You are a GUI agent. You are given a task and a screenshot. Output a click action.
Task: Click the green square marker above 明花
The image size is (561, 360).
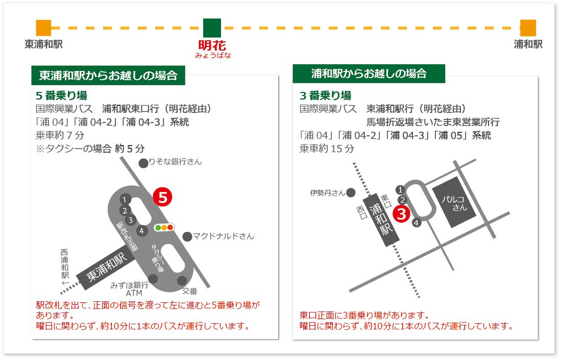[x=212, y=28]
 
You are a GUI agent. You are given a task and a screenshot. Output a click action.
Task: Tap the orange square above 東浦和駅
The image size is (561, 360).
[x=44, y=28]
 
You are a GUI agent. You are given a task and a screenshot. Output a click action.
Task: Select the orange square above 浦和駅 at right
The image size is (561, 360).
[x=528, y=28]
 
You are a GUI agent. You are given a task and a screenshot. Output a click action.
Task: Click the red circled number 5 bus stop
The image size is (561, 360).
[x=162, y=197]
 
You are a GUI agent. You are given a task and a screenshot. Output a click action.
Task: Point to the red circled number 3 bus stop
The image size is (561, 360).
[x=401, y=213]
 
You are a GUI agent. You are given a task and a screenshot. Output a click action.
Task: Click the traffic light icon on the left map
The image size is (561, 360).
[x=164, y=227]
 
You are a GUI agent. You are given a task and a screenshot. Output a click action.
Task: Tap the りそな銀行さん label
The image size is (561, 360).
[x=175, y=162]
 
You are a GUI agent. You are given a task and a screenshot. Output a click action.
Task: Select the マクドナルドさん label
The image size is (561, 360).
[x=223, y=236]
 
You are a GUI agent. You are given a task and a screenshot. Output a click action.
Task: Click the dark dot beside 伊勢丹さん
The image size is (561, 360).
[x=351, y=193]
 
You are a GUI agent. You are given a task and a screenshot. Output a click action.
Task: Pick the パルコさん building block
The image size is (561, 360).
[x=454, y=202]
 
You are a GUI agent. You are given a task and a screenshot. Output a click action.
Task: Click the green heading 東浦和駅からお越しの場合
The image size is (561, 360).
[x=108, y=76]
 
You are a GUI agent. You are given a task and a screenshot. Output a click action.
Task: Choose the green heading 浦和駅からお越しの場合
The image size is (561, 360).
[x=369, y=74]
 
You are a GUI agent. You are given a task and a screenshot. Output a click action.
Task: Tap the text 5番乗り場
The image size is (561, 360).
[x=62, y=95]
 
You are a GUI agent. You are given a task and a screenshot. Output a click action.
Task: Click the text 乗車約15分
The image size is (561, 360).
[x=327, y=149]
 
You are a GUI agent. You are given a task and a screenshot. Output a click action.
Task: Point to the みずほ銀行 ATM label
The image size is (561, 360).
[x=130, y=289]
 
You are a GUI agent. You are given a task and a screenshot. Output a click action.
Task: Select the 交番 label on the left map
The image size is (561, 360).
[x=189, y=291]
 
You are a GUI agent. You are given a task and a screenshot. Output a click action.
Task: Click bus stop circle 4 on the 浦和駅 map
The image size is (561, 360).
[x=416, y=223]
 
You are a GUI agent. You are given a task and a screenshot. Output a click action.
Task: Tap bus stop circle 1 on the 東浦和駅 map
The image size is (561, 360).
[x=125, y=200]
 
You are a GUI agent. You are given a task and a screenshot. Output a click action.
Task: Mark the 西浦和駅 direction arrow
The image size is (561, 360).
[x=65, y=283]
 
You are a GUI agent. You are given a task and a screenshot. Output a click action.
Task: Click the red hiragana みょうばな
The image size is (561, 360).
[x=213, y=56]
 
